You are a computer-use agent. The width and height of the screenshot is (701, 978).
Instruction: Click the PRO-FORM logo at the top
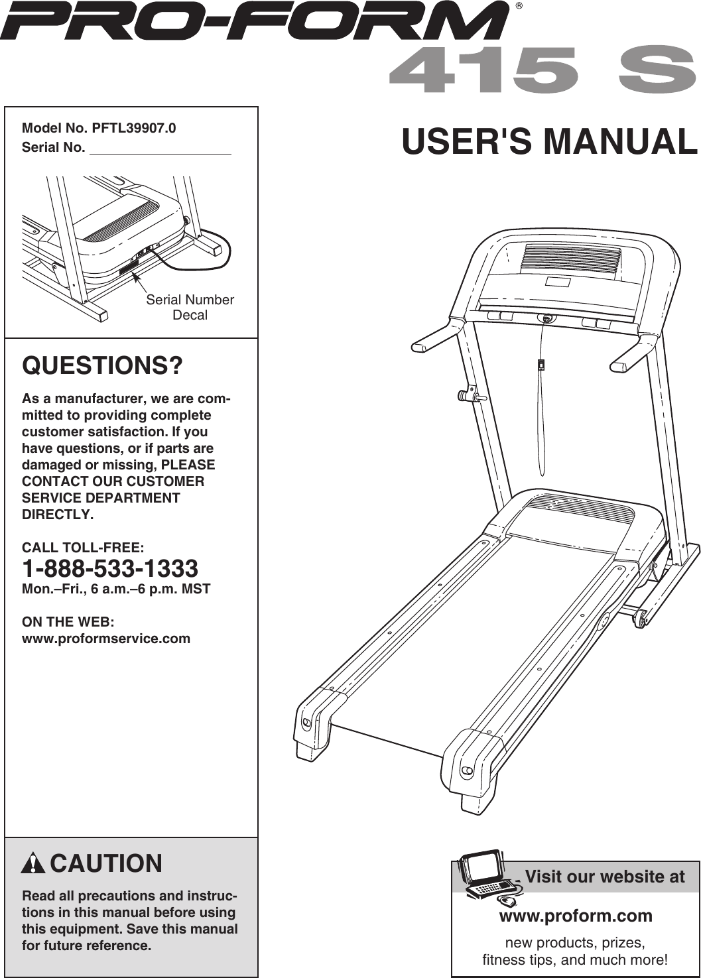coord(255,21)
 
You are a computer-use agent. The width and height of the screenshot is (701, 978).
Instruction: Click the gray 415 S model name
coord(542,70)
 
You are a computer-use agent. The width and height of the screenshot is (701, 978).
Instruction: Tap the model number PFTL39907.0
coord(134,128)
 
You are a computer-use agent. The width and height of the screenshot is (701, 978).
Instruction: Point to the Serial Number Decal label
coord(190,307)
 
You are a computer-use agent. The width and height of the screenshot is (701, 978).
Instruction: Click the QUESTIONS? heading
coord(102,365)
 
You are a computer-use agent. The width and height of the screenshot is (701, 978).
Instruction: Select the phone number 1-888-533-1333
coord(110,568)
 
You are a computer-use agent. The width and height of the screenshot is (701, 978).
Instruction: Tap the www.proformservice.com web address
coord(106,639)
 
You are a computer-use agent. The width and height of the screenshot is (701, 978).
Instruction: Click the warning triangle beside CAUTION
coord(33,864)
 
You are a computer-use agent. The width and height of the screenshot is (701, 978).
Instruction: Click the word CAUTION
coord(106,864)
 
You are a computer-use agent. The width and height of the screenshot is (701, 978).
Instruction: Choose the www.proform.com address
coord(575,916)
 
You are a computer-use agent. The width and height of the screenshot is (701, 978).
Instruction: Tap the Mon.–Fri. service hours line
coord(116,589)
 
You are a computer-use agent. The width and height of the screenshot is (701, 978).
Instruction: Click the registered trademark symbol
coord(520,7)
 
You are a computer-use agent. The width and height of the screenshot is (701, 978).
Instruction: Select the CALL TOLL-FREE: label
coord(83,548)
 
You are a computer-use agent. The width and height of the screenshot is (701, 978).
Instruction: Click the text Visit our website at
coord(604,877)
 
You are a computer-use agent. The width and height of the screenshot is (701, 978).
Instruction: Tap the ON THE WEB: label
coord(68,622)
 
